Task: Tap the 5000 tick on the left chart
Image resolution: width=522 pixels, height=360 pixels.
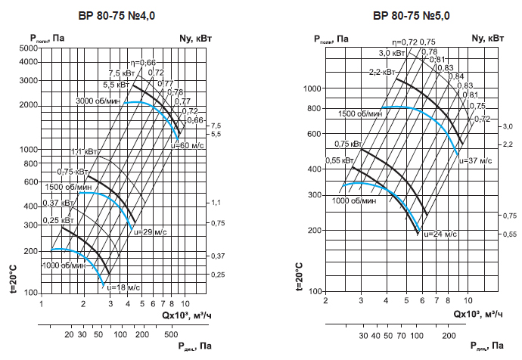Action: coord(27,48)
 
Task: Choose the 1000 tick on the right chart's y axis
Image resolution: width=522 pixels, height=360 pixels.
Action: coord(312,88)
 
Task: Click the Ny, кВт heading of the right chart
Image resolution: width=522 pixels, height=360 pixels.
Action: coord(487,37)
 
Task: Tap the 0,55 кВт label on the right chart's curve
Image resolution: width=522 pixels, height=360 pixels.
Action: coord(340,161)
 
